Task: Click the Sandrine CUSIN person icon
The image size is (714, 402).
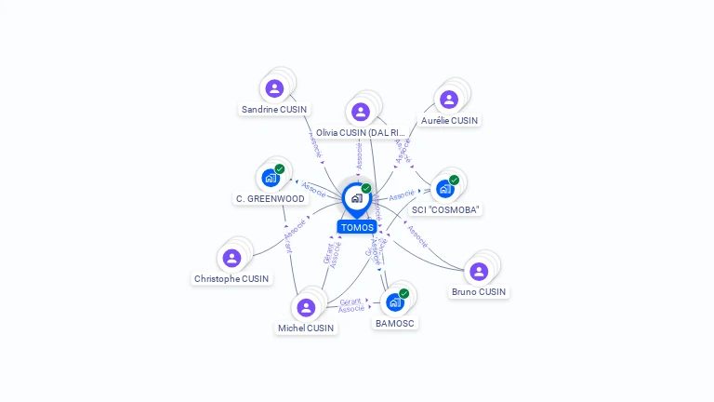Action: tap(274, 88)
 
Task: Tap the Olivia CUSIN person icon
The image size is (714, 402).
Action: tap(361, 112)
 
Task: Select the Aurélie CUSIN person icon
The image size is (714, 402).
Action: tap(449, 100)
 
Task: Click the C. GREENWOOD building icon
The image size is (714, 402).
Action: tap(271, 178)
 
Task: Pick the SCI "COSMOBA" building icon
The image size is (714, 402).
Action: tap(445, 189)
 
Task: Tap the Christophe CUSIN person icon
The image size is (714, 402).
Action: tap(231, 258)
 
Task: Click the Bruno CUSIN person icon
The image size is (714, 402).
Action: tap(479, 271)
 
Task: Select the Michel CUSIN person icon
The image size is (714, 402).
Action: tap(306, 307)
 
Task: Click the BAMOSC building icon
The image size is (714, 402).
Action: tap(395, 302)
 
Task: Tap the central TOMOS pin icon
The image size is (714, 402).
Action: tap(356, 198)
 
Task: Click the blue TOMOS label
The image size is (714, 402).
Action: tap(357, 227)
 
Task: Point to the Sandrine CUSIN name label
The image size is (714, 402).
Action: tap(274, 109)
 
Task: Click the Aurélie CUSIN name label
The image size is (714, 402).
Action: tap(449, 120)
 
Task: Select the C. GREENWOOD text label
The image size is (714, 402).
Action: tap(271, 198)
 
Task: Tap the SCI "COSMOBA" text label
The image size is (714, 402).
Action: tap(445, 209)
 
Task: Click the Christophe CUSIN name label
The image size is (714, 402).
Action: tap(231, 278)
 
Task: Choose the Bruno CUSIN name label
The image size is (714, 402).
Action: tap(479, 291)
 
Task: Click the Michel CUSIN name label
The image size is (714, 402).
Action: tap(306, 328)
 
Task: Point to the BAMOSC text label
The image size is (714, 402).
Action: tap(395, 323)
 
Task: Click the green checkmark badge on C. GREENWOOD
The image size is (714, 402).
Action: tap(279, 169)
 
